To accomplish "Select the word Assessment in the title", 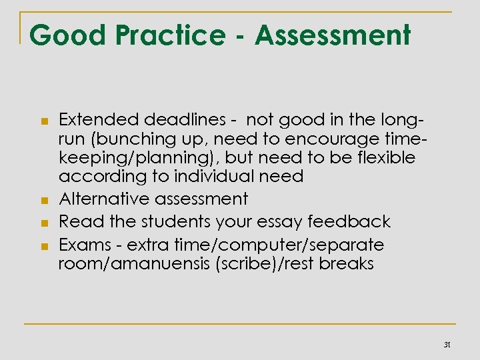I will tap(332, 35).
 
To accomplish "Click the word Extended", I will tap(93, 121).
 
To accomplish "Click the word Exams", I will tap(82, 243).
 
